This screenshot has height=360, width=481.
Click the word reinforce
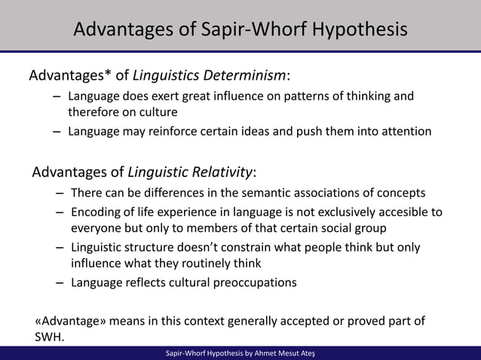pyautogui.click(x=179, y=131)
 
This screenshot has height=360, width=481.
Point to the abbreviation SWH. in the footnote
pyautogui.click(x=50, y=337)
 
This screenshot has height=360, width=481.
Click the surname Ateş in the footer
pyautogui.click(x=307, y=353)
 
